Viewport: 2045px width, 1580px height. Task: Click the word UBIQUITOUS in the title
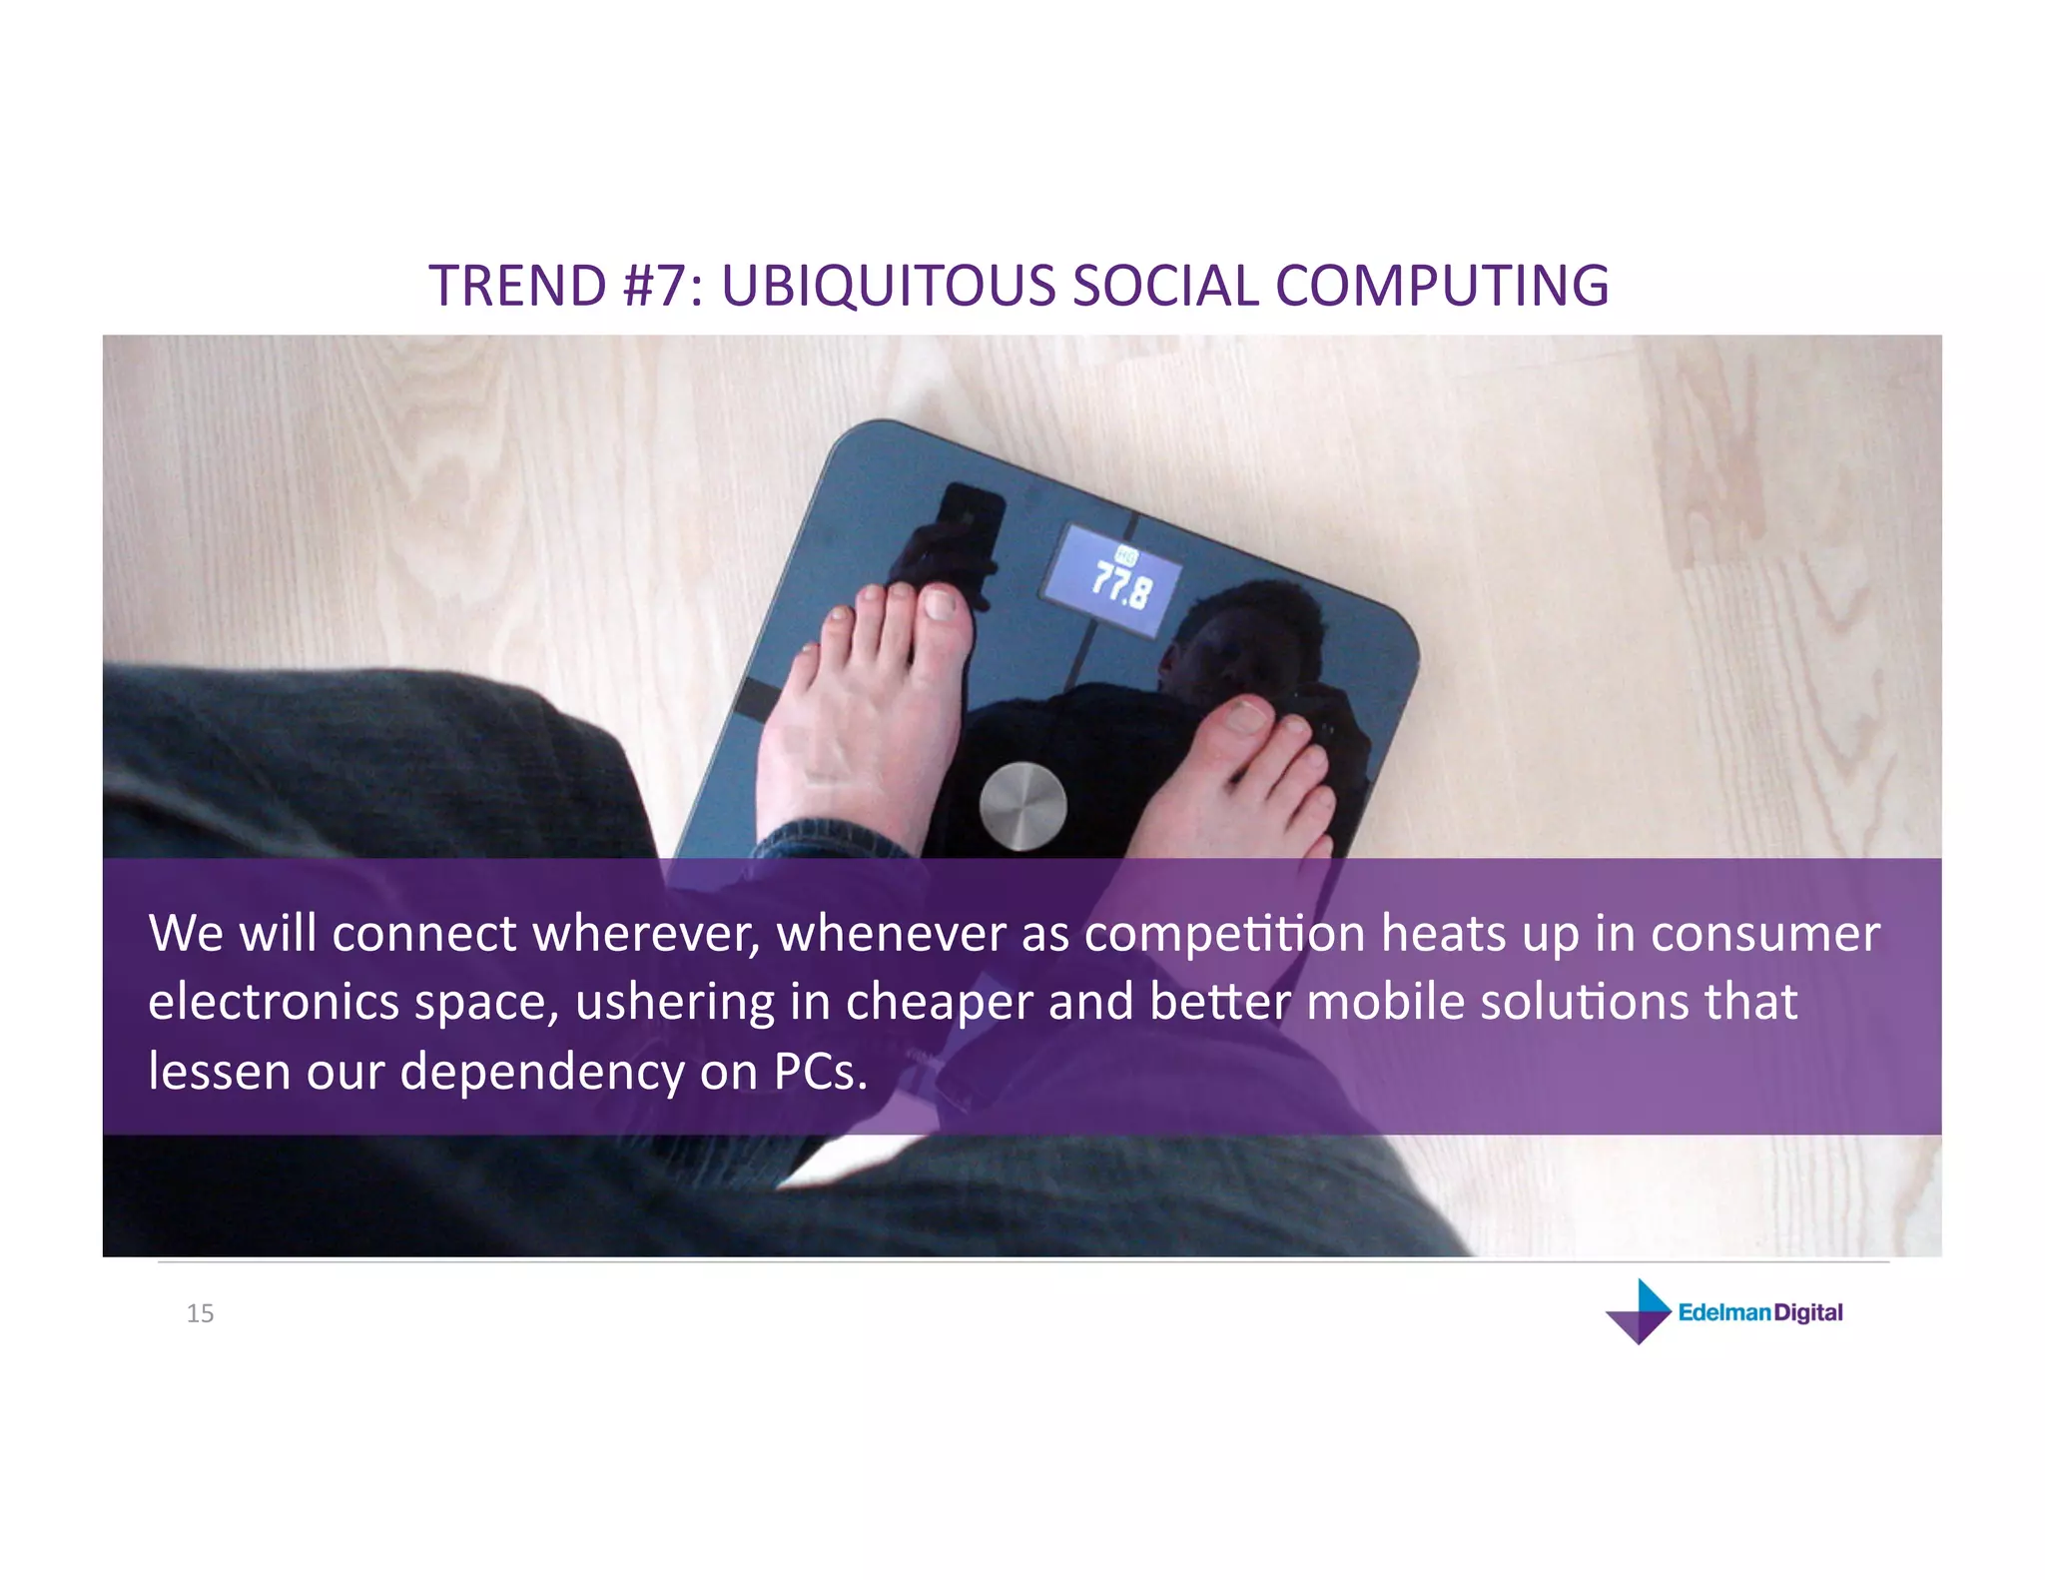pyautogui.click(x=888, y=286)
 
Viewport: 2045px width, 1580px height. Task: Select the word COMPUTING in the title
pyautogui.click(x=1441, y=286)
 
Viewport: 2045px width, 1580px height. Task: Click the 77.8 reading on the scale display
pyautogui.click(x=1120, y=584)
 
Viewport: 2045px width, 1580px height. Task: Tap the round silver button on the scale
pyautogui.click(x=1022, y=806)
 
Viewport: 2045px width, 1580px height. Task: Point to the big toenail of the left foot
pyautogui.click(x=941, y=603)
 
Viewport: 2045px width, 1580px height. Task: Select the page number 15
pyautogui.click(x=200, y=1313)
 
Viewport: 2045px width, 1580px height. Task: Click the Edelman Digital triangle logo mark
pyautogui.click(x=1639, y=1311)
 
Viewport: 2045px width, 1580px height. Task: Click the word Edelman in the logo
pyautogui.click(x=1724, y=1312)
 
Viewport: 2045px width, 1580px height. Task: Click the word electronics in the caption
pyautogui.click(x=274, y=1002)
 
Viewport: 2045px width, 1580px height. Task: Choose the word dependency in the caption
pyautogui.click(x=542, y=1073)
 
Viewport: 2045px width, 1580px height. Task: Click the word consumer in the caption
pyautogui.click(x=1764, y=934)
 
